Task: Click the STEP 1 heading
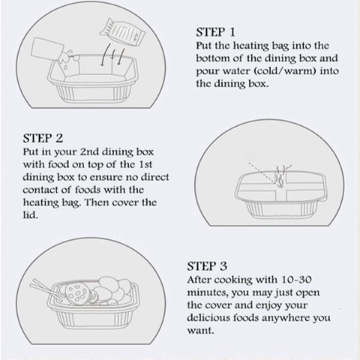[x=215, y=32]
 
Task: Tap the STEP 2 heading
[x=43, y=138]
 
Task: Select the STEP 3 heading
[x=207, y=266]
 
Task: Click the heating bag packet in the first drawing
[x=122, y=32]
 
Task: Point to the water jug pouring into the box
[x=48, y=49]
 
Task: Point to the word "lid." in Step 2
[x=31, y=215]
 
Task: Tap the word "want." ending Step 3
[x=201, y=331]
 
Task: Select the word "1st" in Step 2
[x=145, y=164]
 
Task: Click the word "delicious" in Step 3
[x=208, y=318]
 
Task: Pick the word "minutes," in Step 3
[x=208, y=292]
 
